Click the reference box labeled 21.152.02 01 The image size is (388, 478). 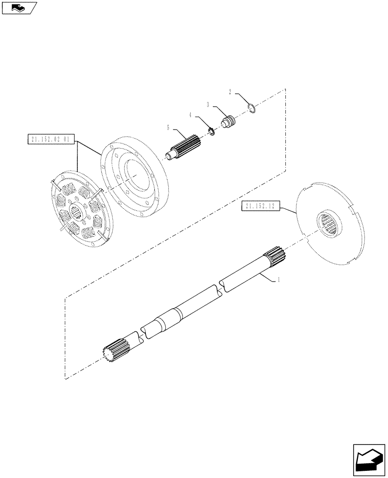coord(50,140)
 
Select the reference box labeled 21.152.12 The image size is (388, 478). coord(261,206)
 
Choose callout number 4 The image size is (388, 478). coord(190,115)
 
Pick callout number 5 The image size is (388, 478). coord(168,128)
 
